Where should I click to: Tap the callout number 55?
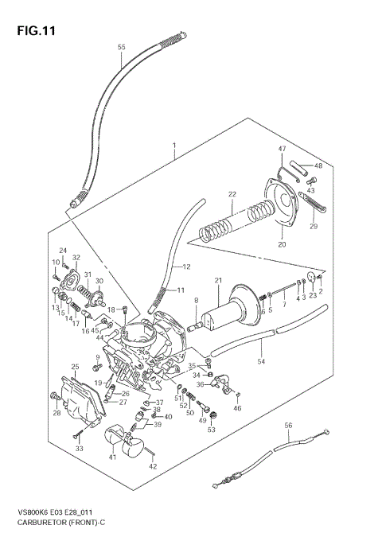(122, 48)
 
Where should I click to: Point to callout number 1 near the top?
(173, 146)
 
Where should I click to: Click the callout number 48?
(318, 165)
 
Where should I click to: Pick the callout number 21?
(217, 280)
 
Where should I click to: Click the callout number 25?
(74, 367)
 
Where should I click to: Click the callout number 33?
(79, 450)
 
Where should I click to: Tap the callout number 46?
(237, 408)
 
